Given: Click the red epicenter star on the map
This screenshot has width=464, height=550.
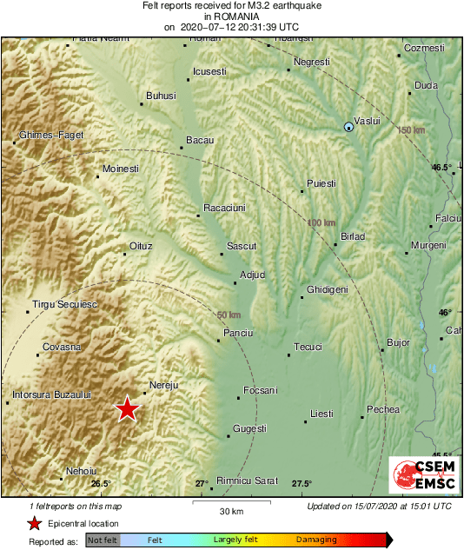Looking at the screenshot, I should point(127,408).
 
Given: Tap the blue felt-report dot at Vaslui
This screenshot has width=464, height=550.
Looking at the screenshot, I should point(348,127).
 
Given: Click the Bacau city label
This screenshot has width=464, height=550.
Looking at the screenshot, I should point(200,140).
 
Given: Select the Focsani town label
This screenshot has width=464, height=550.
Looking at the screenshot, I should point(260,390).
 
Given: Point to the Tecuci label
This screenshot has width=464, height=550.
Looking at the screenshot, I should point(308,347).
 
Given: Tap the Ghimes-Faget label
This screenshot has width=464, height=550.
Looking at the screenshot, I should point(52,136).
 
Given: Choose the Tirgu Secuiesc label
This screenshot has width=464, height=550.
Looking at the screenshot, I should point(64,305).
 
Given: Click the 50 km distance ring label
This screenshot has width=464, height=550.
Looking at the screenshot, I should point(229,315).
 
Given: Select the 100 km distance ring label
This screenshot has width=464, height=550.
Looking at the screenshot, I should point(321,223).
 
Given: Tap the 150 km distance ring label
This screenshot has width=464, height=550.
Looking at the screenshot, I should point(411,130).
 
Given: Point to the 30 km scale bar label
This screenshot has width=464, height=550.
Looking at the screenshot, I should point(230,510).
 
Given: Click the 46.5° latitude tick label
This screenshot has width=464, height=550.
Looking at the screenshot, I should point(442,167).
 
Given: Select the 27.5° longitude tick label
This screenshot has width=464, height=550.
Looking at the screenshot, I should point(301,483).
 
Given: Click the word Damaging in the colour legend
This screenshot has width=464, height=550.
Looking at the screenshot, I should point(316,540).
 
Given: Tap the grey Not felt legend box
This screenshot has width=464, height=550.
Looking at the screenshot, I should point(103,540).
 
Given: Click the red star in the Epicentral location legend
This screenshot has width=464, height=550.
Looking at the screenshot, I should point(34,523).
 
